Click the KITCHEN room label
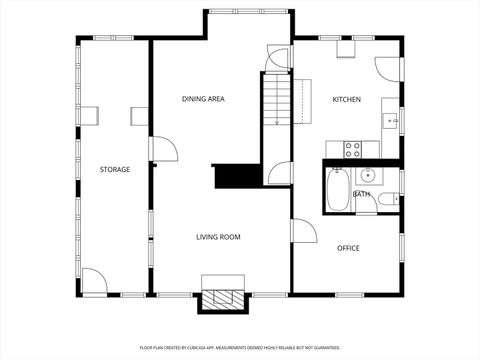(346, 99)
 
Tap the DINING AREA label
(202, 99)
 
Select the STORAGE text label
(114, 169)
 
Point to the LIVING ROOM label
(217, 237)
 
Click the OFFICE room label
(348, 248)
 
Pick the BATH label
(361, 194)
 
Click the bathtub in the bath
(338, 190)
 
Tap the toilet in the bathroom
(387, 202)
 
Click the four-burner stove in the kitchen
(353, 149)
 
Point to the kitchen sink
(392, 122)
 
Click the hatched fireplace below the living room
(223, 299)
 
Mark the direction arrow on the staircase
(277, 110)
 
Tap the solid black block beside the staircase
(237, 176)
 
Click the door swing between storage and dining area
(163, 149)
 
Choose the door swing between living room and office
(303, 231)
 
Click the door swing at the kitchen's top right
(388, 68)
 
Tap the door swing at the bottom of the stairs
(279, 172)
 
